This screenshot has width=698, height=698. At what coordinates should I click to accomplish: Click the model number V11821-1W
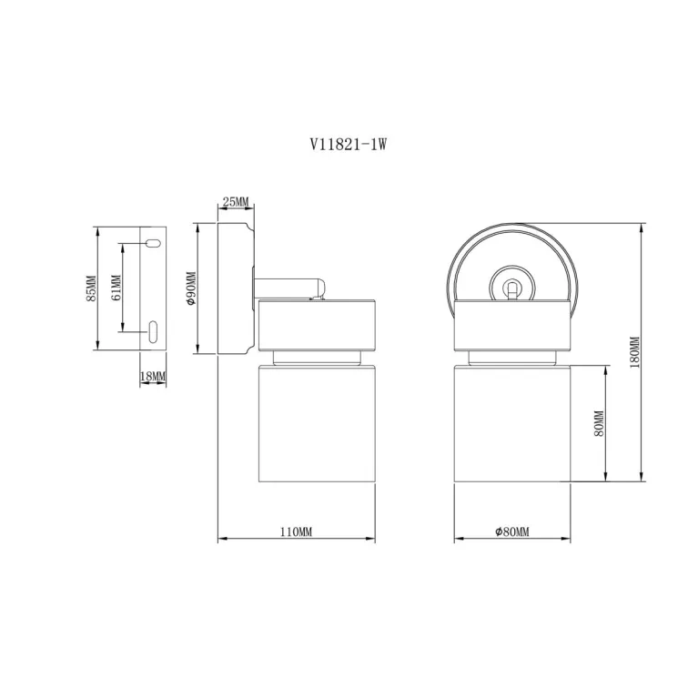click(x=349, y=144)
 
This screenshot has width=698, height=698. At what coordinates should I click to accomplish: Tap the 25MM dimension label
click(x=236, y=202)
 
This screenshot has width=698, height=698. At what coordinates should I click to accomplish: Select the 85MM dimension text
click(x=91, y=288)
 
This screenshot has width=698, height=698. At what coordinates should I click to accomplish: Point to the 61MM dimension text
click(x=116, y=288)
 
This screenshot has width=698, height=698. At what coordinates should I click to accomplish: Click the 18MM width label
click(x=153, y=377)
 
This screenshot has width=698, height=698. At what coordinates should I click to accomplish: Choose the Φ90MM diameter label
click(x=191, y=288)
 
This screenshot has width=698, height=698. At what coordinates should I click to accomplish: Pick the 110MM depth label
click(x=296, y=532)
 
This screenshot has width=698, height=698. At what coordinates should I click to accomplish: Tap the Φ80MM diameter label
click(x=512, y=532)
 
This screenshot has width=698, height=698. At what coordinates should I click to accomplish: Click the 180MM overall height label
click(x=635, y=352)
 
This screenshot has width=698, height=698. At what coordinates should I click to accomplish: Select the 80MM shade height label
click(x=599, y=423)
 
